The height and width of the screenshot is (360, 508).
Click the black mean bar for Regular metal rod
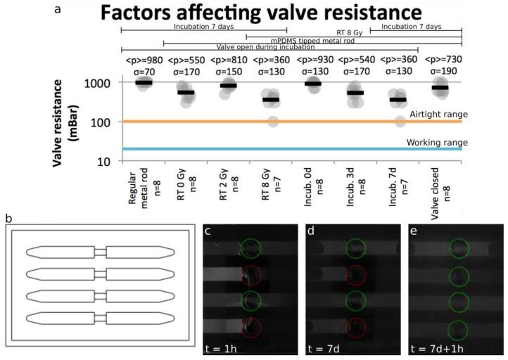pyautogui.click(x=144, y=82)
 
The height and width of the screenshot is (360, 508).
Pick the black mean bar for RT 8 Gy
pyautogui.click(x=270, y=100)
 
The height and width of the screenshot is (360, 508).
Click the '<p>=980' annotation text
pyautogui.click(x=144, y=60)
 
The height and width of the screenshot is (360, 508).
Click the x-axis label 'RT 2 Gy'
pyautogui.click(x=228, y=186)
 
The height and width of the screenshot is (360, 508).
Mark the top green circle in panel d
pyautogui.click(x=355, y=248)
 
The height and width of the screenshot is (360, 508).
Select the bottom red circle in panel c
pyautogui.click(x=251, y=328)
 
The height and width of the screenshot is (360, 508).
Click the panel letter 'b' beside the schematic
pyautogui.click(x=8, y=219)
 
